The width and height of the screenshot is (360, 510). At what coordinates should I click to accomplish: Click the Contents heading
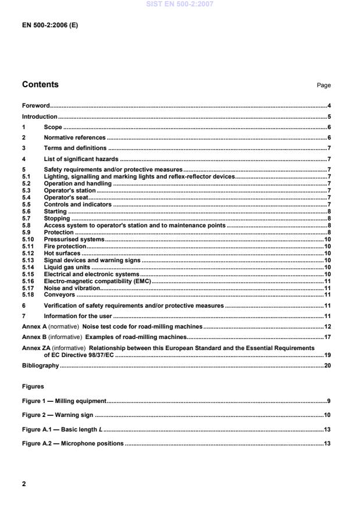click(x=40, y=85)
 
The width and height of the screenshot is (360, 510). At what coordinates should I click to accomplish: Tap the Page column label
click(x=323, y=85)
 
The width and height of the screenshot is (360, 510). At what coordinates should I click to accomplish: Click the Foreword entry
click(x=35, y=106)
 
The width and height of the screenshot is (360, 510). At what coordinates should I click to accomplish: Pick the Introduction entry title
click(x=39, y=117)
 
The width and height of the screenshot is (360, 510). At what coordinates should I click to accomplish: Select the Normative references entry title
click(x=74, y=138)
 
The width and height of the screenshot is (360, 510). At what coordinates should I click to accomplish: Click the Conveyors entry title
click(x=59, y=295)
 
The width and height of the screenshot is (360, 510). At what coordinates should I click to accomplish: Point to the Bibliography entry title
click(x=40, y=366)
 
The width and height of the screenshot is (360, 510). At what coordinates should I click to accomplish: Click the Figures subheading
click(x=34, y=386)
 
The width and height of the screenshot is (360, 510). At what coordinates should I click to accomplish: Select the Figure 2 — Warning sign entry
click(x=58, y=416)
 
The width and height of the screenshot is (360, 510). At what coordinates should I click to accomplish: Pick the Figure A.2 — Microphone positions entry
click(x=73, y=444)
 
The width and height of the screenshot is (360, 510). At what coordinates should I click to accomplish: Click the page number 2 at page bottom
click(x=24, y=484)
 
